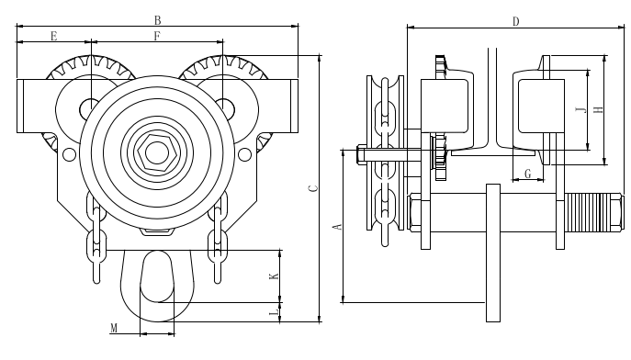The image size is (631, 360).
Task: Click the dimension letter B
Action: tap(158, 20)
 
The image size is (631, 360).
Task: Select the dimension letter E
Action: tap(54, 36)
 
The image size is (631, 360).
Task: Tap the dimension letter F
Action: tap(157, 36)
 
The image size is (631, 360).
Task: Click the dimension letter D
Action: tap(516, 22)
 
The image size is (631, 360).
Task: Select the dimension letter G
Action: tap(528, 174)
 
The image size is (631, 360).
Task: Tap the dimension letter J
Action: tap(580, 109)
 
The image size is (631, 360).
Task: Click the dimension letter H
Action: tap(599, 109)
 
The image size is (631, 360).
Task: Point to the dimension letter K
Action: tap(274, 276)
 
